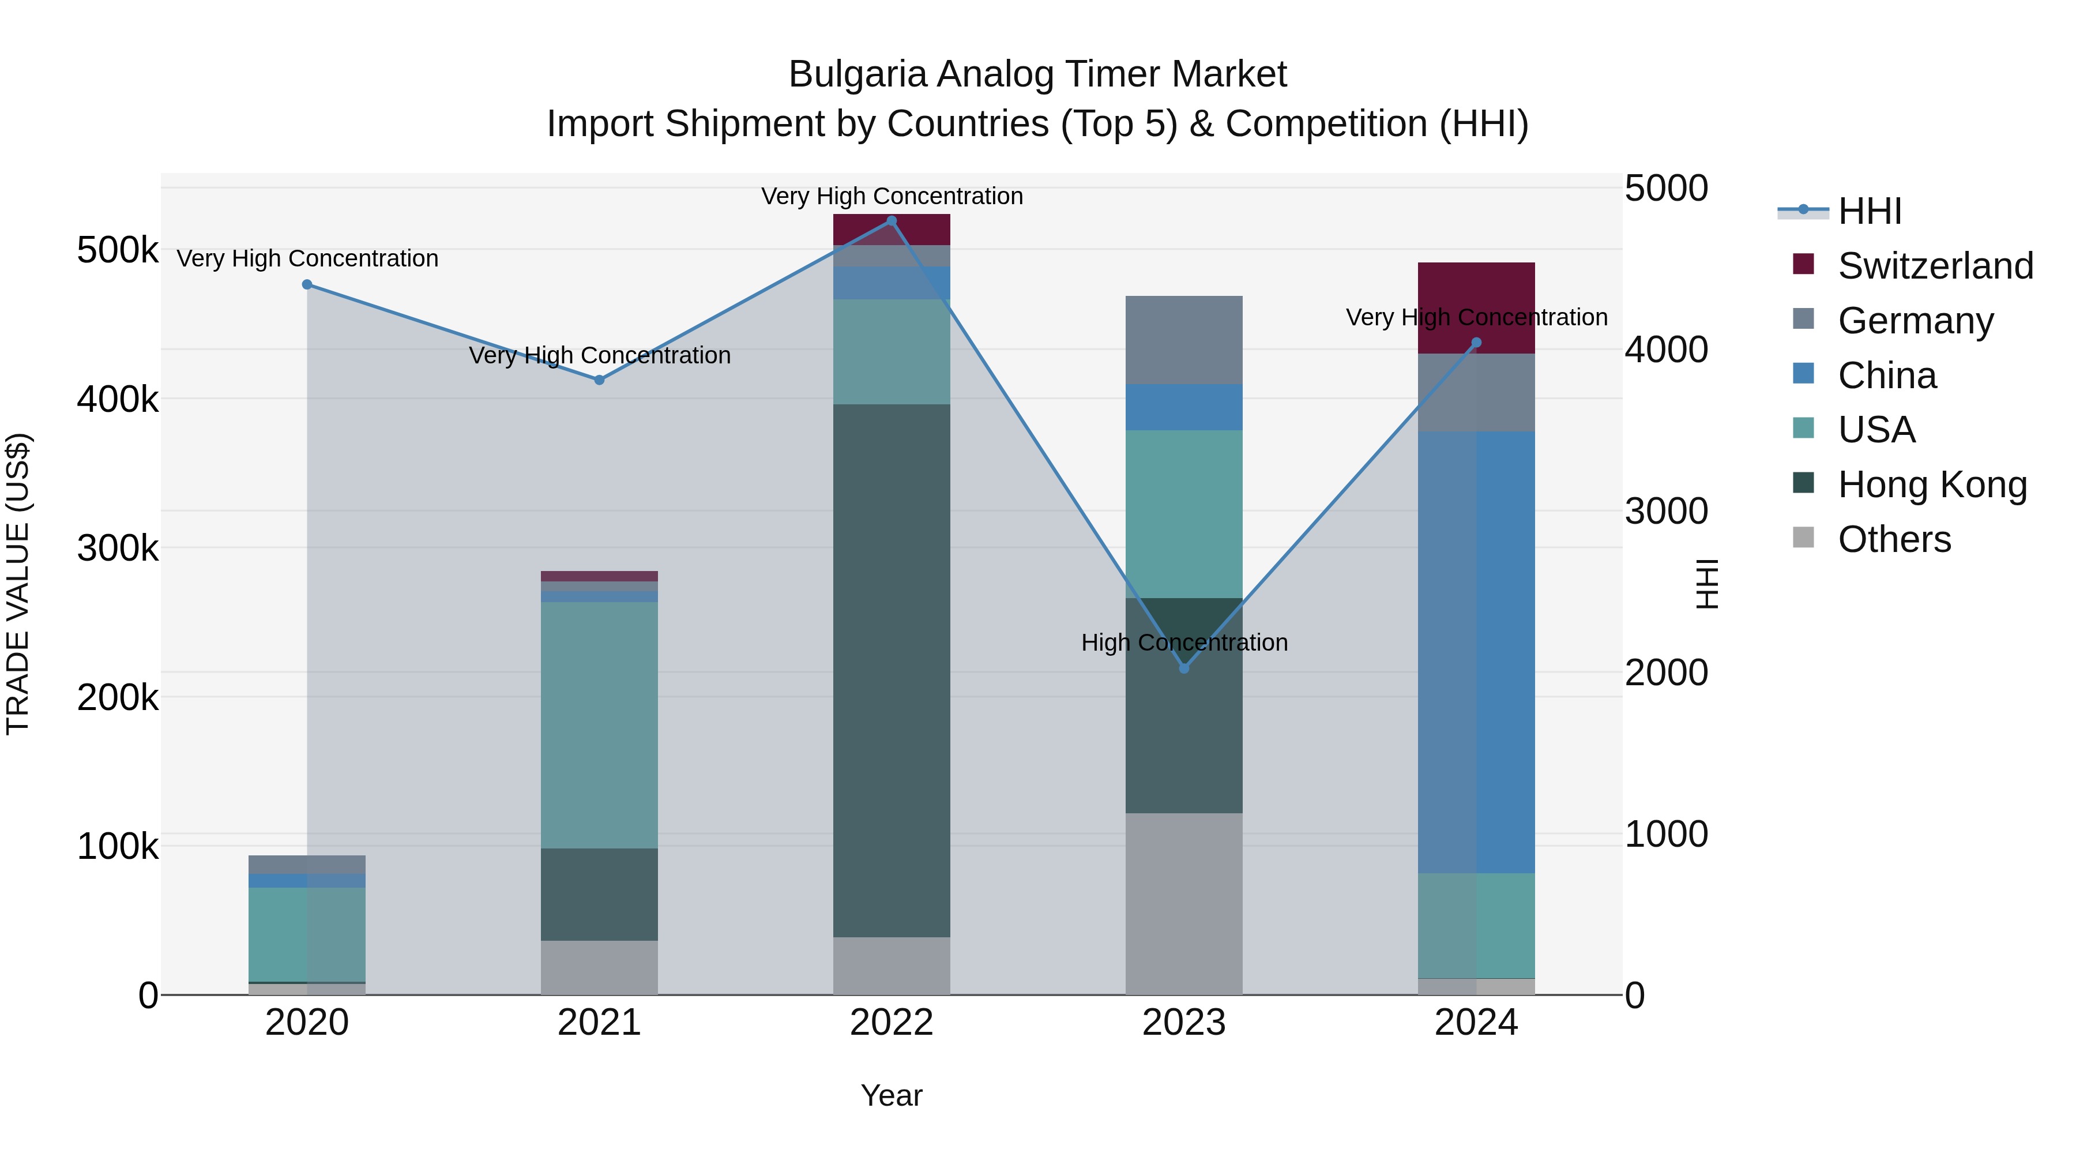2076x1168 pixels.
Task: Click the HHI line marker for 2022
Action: coord(892,221)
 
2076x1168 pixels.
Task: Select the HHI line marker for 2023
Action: coord(1184,668)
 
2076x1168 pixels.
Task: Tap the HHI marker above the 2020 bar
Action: coord(307,284)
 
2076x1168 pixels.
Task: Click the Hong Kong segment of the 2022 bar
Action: coord(892,669)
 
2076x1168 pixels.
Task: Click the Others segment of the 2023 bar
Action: coord(1184,903)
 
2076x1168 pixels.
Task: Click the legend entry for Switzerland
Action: coord(1934,266)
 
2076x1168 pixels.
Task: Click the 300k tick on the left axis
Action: coord(118,548)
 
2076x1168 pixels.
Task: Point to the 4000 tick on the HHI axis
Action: coord(1665,350)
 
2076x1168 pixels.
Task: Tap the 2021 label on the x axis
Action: coord(599,1023)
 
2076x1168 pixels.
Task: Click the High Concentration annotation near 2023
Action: coord(1184,643)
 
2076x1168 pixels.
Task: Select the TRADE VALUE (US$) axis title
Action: coord(18,584)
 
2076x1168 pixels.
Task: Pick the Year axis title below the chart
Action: coord(892,1095)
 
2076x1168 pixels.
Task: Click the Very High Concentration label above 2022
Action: coord(892,196)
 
